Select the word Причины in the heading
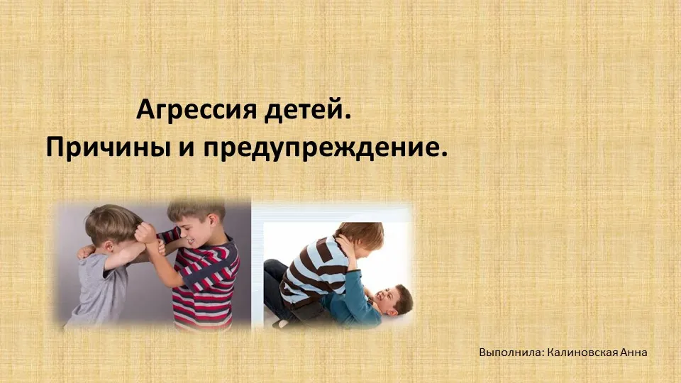click(x=108, y=148)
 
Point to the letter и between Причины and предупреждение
click(x=187, y=148)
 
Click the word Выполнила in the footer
click(x=509, y=353)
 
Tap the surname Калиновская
click(x=582, y=353)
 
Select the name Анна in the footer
click(x=633, y=353)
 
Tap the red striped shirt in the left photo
click(x=204, y=282)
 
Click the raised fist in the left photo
click(x=145, y=233)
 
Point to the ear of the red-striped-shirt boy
click(x=213, y=222)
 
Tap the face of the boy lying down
click(x=388, y=299)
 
